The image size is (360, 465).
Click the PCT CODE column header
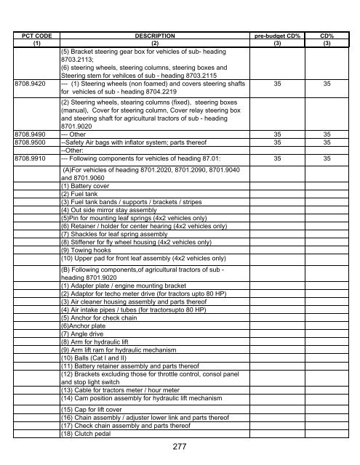(x=34, y=34)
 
